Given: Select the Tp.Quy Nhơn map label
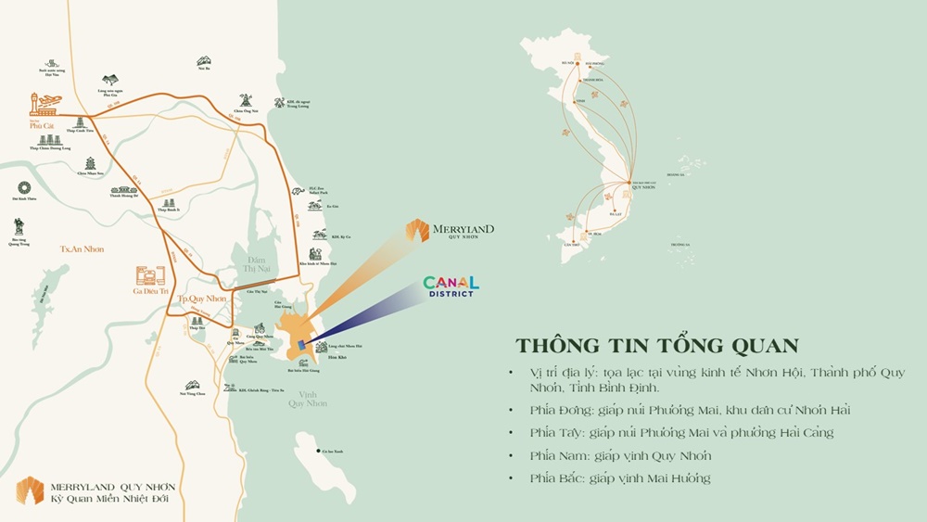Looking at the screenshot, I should click(x=203, y=299).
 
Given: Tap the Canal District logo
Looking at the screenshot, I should click(x=451, y=286).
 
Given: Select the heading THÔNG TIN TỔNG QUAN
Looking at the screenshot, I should click(x=656, y=345).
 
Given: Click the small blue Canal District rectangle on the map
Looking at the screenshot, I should click(x=301, y=345).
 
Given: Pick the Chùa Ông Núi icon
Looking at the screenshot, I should click(x=246, y=101).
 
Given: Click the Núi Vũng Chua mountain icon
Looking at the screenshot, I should click(x=193, y=386).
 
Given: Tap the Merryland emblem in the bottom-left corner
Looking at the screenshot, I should click(x=30, y=491).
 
